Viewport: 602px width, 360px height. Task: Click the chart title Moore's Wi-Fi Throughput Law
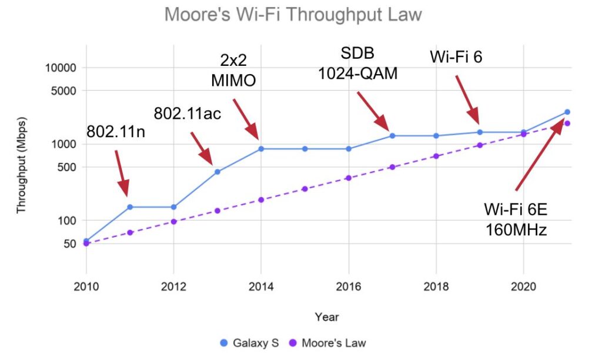tap(293, 14)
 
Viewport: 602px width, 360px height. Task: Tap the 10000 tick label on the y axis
tap(61, 68)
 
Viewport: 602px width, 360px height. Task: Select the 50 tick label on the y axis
tap(69, 244)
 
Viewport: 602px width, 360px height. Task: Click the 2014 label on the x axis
tap(261, 286)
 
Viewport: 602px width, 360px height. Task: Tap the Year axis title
tap(326, 317)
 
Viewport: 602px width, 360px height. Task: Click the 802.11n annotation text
tap(116, 132)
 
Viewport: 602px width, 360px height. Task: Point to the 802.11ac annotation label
tap(188, 113)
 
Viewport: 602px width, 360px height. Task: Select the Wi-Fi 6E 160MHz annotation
tap(516, 219)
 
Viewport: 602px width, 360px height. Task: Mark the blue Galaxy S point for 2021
tap(567, 112)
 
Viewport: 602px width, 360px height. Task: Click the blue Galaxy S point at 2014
tap(261, 149)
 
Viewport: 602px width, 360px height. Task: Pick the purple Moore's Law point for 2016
tap(349, 178)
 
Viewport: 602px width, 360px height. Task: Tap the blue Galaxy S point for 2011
tap(130, 207)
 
